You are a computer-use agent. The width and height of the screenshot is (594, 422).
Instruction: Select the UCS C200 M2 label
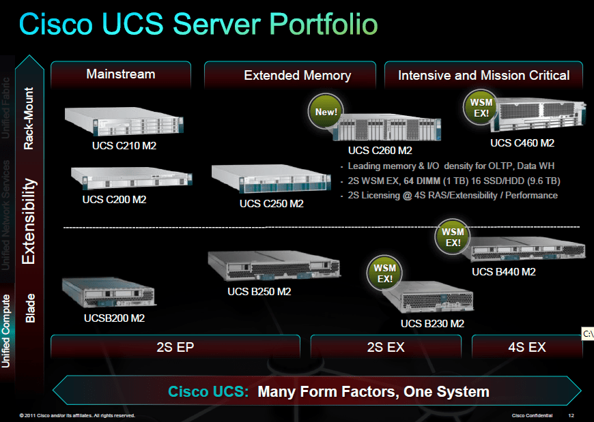pyautogui.click(x=114, y=200)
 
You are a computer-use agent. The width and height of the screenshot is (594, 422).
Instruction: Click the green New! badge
pyautogui.click(x=326, y=111)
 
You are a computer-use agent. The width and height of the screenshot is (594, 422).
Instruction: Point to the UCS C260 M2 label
pyautogui.click(x=380, y=150)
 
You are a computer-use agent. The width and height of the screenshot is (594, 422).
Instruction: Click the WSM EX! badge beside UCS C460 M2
pyautogui.click(x=481, y=108)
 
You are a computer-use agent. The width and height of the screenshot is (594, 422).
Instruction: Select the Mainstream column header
pyautogui.click(x=121, y=74)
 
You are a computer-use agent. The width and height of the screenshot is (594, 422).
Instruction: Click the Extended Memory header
pyautogui.click(x=297, y=76)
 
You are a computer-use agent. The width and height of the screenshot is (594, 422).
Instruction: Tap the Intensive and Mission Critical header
pyautogui.click(x=483, y=76)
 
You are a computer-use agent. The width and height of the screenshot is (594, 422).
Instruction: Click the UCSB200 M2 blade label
pyautogui.click(x=114, y=318)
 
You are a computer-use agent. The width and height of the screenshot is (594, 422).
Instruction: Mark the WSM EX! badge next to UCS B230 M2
pyautogui.click(x=385, y=273)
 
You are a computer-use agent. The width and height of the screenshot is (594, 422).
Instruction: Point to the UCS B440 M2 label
pyautogui.click(x=504, y=271)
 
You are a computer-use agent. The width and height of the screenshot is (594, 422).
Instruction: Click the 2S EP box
pyautogui.click(x=175, y=347)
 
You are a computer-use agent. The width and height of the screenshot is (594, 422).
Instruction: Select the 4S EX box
pyautogui.click(x=527, y=347)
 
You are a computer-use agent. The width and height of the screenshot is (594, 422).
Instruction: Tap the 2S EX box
pyautogui.click(x=386, y=347)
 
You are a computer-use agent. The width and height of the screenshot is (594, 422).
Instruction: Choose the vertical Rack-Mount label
pyautogui.click(x=29, y=118)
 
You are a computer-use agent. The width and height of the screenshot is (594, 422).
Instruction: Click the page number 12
pyautogui.click(x=571, y=415)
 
